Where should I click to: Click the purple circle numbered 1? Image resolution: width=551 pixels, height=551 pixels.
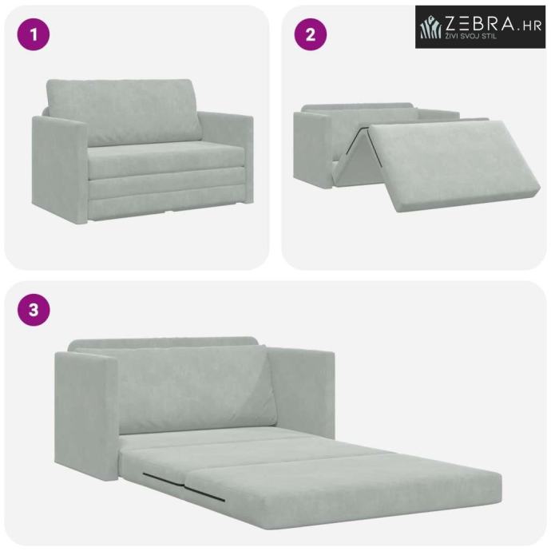coord(34,34)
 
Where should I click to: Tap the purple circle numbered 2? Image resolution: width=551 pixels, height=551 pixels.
coord(311,34)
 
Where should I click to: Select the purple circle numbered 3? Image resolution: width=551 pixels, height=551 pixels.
coord(34,310)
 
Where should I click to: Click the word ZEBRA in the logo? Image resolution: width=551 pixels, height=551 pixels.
coord(480,23)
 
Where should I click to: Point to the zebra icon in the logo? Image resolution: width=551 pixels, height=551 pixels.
coord(431,27)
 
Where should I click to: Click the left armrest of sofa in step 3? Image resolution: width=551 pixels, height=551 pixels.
coord(86,414)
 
